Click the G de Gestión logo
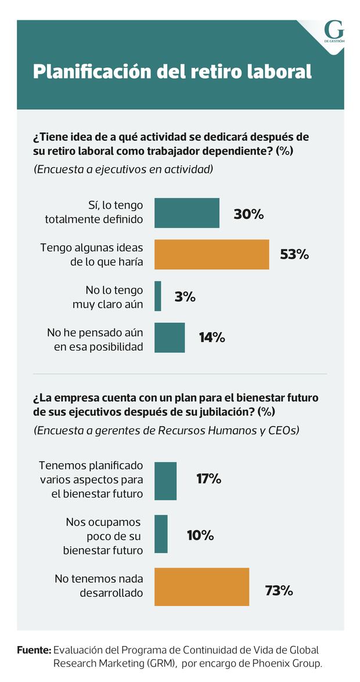[334, 32]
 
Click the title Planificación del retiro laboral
[172, 71]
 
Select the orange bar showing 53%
[212, 254]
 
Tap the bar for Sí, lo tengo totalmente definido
[187, 213]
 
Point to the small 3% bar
[158, 296]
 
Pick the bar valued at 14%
[170, 337]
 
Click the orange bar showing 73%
[202, 587]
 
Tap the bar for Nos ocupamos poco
[161, 534]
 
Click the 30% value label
[249, 214]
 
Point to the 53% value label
[294, 254]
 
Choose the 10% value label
[200, 535]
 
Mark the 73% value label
[279, 591]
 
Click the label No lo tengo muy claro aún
[109, 296]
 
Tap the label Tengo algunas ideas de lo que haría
[92, 254]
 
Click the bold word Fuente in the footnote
[34, 650]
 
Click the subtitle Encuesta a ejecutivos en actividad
[123, 169]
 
